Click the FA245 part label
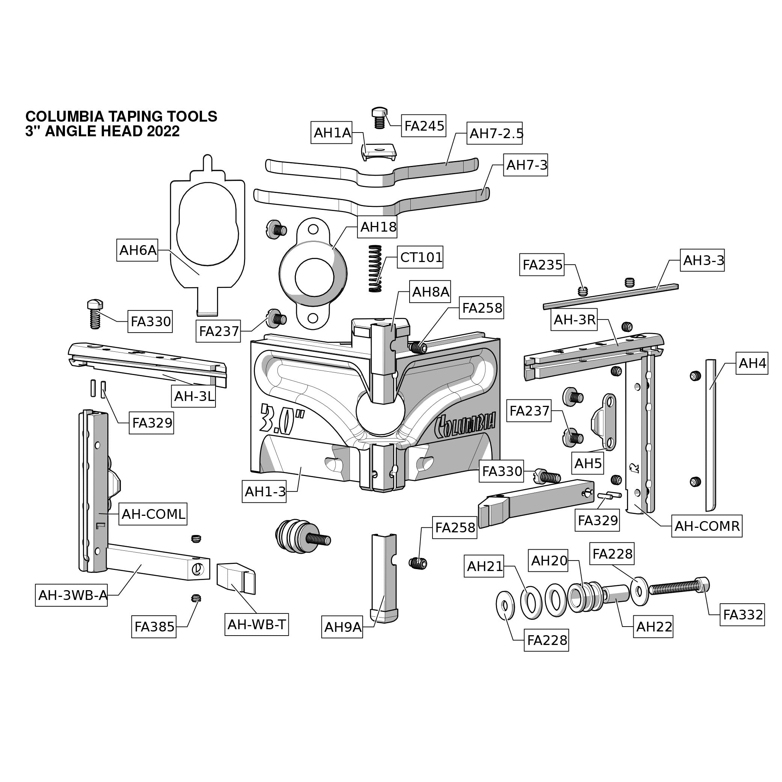424,126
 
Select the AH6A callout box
137,250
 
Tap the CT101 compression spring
375,269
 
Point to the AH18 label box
378,227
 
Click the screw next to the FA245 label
379,118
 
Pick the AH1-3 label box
265,491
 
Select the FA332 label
743,615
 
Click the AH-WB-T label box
257,625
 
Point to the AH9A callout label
342,627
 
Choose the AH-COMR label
707,526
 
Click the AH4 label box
752,363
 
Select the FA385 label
154,627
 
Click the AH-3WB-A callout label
72,595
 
